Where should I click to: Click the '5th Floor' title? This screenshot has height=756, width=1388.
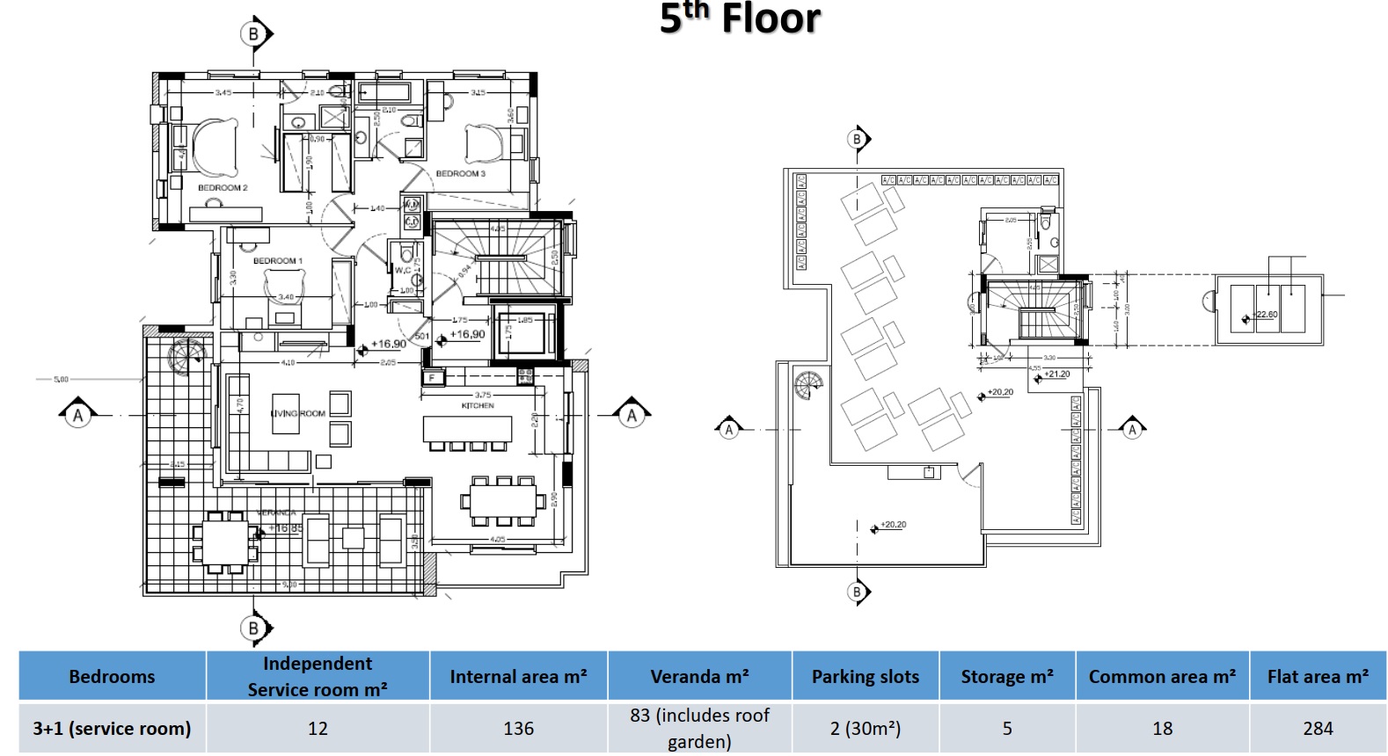pos(740,18)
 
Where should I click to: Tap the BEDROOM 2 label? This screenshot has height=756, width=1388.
pos(223,188)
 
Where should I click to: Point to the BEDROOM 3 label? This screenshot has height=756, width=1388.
pos(460,174)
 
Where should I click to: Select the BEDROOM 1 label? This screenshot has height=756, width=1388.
pos(277,261)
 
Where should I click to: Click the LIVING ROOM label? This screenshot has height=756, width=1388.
pos(298,413)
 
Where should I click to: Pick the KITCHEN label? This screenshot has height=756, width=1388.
pos(478,406)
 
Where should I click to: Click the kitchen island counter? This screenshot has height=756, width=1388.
pos(467,429)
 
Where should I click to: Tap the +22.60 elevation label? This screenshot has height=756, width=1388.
pos(1266,315)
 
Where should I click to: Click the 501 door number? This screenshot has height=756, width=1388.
pos(421,337)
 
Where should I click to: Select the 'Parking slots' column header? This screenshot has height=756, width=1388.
pos(865,677)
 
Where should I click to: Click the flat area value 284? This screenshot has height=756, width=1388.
pos(1318,729)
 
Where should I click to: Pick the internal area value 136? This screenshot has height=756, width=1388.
pos(518,729)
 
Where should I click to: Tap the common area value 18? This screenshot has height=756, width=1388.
pos(1162,729)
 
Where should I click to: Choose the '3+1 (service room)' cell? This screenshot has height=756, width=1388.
pos(112,729)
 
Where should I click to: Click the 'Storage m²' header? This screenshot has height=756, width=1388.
pos(1006,677)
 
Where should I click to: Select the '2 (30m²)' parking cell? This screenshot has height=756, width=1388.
pos(865,729)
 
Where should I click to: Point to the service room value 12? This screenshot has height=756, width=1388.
pos(318,729)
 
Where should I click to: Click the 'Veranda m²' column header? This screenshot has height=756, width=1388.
pos(699,677)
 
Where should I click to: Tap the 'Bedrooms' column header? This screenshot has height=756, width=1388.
pos(112,677)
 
